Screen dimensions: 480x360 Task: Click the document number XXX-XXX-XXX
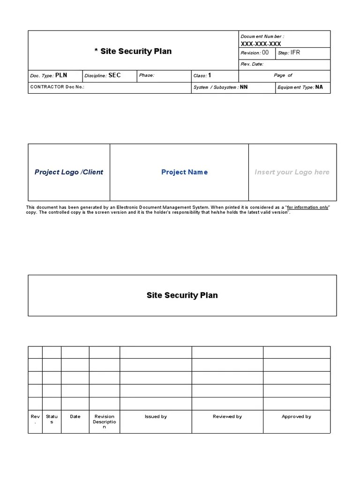261,44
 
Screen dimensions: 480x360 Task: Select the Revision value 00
265,53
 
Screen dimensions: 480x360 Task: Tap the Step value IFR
295,53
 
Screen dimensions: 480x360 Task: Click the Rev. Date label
252,64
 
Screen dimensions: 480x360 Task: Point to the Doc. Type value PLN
61,75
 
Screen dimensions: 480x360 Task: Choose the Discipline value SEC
114,75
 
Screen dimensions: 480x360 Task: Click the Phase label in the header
146,75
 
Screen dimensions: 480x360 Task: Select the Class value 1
210,75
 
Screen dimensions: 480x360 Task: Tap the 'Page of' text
283,75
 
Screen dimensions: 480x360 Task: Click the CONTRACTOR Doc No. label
57,87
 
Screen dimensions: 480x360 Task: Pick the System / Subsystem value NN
244,87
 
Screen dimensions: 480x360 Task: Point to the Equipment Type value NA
319,87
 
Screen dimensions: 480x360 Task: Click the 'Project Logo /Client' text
69,172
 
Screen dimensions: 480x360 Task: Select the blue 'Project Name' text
184,172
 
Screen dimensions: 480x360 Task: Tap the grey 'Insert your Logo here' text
292,172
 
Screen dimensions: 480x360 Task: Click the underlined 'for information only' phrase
308,207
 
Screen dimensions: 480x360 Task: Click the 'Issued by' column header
156,416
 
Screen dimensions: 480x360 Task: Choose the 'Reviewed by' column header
227,416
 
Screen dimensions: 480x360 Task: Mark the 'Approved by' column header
296,416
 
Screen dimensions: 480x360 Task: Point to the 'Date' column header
75,416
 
